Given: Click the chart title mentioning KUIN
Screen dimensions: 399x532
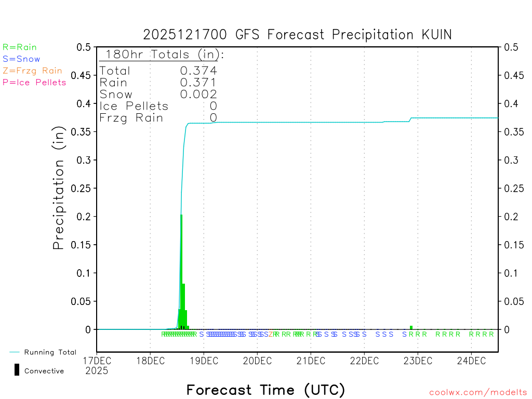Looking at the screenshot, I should [x=298, y=35].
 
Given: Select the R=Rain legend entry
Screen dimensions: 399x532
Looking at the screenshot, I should [x=20, y=47].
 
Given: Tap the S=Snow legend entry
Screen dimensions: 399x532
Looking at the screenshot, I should [x=21, y=59].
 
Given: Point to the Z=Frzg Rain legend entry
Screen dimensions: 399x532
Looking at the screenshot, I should [x=32, y=71].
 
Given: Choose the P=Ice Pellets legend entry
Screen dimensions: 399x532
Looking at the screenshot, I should [x=34, y=82].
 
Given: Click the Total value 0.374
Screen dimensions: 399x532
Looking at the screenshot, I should [x=198, y=71].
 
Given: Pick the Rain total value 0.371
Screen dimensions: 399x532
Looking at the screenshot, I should [x=198, y=82].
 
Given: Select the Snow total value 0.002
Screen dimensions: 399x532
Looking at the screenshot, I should [x=198, y=94].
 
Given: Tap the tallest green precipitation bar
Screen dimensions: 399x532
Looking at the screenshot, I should [x=181, y=270].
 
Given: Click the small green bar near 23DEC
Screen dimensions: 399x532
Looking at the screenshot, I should [x=411, y=327].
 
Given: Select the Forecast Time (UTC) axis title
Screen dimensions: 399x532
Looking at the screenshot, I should [x=265, y=390].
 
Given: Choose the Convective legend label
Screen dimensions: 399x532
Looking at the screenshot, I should [x=44, y=371].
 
